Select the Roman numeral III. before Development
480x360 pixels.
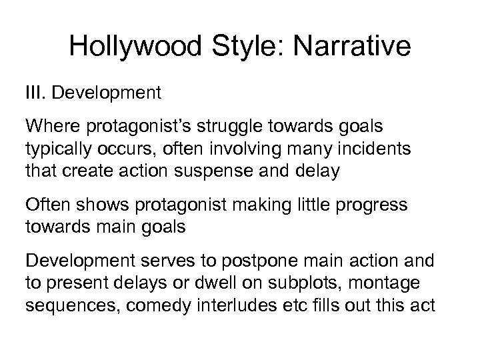[36, 92]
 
